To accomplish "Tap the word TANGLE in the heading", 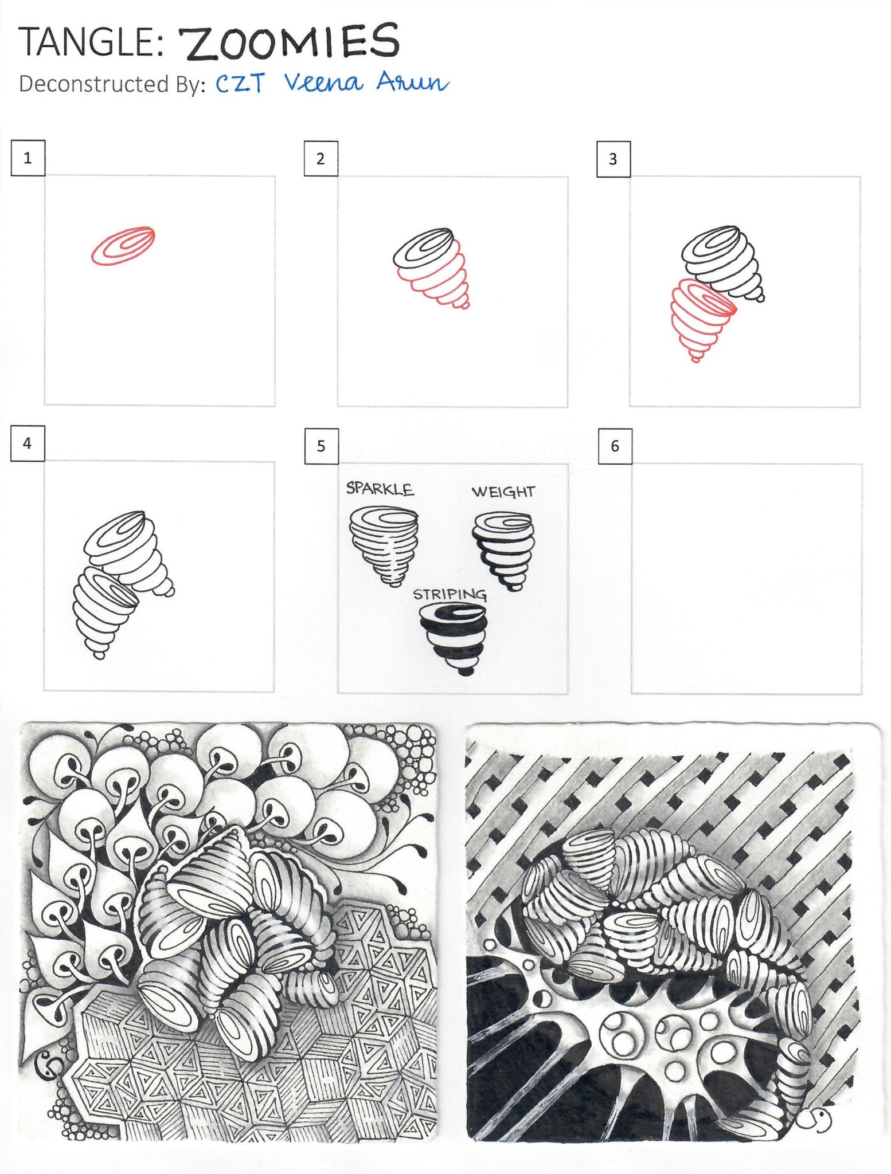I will [86, 42].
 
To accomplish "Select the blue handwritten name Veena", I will [324, 83].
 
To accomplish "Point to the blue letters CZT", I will [240, 84].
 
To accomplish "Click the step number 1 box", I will [28, 158].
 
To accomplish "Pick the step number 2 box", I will [321, 159].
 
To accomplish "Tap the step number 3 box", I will [613, 159].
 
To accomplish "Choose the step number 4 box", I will [27, 443].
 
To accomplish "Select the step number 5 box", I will [321, 446].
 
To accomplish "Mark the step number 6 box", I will [615, 446].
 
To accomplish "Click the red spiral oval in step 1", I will [123, 246].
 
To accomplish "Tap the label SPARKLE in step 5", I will [380, 489].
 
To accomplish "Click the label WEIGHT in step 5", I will [503, 492].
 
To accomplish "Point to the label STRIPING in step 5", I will [450, 595].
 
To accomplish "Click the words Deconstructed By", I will [112, 84].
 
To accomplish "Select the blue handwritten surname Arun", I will [412, 84].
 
